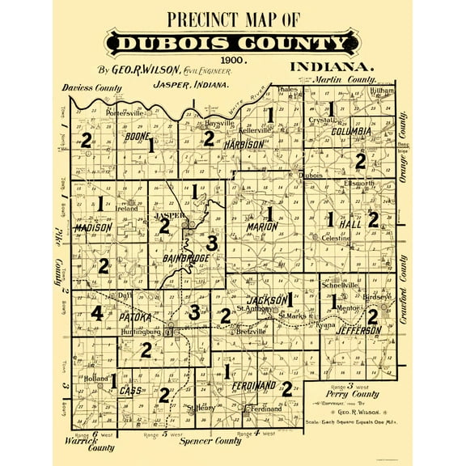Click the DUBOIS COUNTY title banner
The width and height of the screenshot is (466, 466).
click(232, 43)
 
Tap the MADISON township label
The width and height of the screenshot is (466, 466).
click(92, 229)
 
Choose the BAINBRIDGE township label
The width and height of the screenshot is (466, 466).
click(185, 257)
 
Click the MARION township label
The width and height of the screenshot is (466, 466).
click(261, 227)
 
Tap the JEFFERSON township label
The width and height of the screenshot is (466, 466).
click(354, 331)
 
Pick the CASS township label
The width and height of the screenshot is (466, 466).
click(130, 391)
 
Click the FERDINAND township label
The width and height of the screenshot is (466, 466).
click(253, 385)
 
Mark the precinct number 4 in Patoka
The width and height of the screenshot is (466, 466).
click(97, 313)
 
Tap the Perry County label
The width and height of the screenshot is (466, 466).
click(340, 394)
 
